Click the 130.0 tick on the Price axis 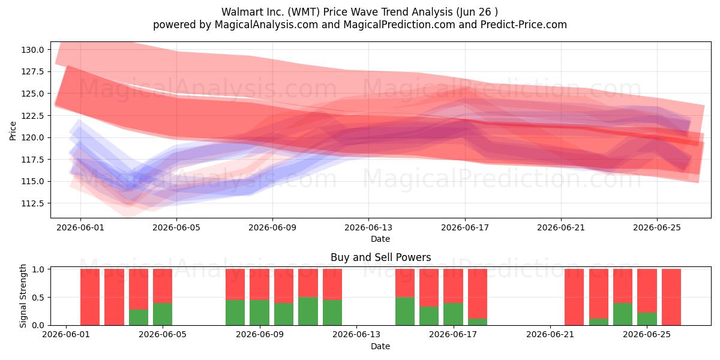[32, 50]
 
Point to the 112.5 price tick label [32, 203]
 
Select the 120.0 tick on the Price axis [32, 137]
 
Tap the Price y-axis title [13, 131]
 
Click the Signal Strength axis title [23, 296]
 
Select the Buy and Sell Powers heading [380, 257]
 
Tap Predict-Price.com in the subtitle [524, 25]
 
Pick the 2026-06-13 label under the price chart [368, 227]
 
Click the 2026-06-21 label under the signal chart [550, 335]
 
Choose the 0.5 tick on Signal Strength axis [38, 298]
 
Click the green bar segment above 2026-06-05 [163, 314]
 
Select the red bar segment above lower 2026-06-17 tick [453, 286]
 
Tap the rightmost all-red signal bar [671, 297]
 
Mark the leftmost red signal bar [90, 297]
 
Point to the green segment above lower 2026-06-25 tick [647, 319]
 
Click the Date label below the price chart [380, 239]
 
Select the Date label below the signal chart [380, 347]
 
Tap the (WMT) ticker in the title [304, 12]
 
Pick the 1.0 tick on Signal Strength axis [38, 269]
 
